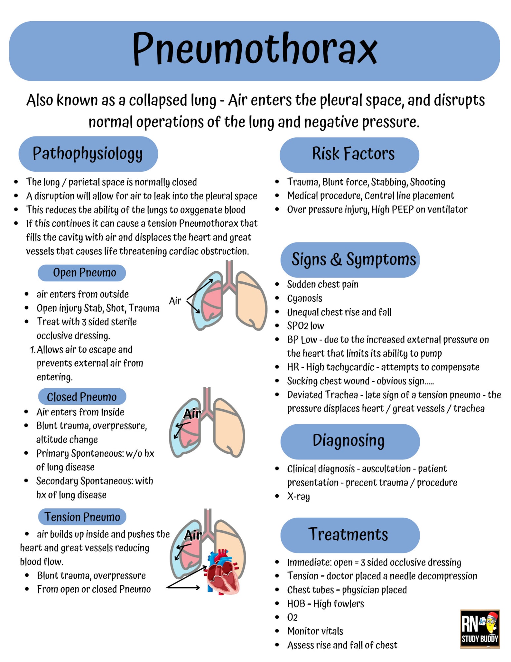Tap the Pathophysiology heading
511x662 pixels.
88,154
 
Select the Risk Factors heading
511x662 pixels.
353,154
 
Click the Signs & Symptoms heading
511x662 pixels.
353,259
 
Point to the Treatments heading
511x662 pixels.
348,534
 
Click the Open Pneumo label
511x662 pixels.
84,273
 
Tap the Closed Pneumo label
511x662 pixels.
82,397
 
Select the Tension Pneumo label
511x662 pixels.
82,517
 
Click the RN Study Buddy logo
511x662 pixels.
479,629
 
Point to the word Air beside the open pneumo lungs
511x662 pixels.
175,301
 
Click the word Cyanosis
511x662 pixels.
304,298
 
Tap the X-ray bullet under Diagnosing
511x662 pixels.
298,496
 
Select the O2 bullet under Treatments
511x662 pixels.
292,617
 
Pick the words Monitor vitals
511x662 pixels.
315,631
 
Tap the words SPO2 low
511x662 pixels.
305,326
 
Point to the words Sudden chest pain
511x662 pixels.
323,284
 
